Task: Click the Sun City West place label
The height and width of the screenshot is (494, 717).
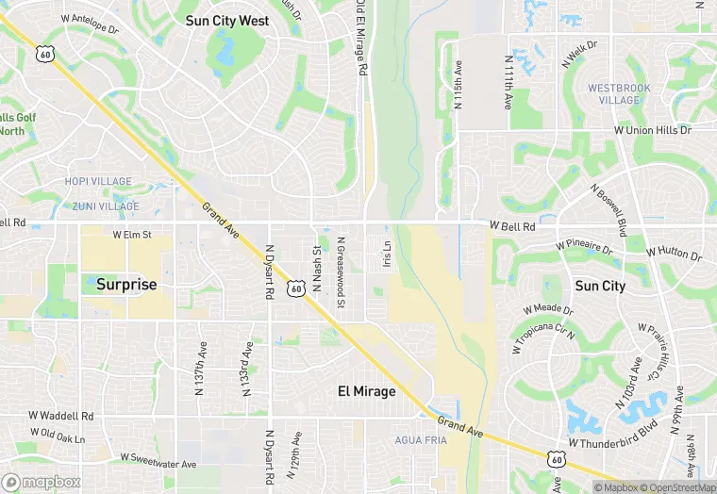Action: point(227,20)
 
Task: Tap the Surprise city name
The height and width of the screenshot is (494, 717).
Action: point(126,284)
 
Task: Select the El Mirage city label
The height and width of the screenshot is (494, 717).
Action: point(367,390)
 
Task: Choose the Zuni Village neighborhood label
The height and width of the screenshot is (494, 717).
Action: point(105,206)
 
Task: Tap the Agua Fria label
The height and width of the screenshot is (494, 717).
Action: point(420,440)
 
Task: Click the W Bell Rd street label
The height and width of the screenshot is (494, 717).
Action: point(512,227)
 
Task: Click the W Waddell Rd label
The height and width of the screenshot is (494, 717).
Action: point(61,415)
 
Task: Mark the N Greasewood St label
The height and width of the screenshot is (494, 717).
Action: point(342,271)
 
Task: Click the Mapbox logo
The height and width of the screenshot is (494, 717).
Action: point(42,482)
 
